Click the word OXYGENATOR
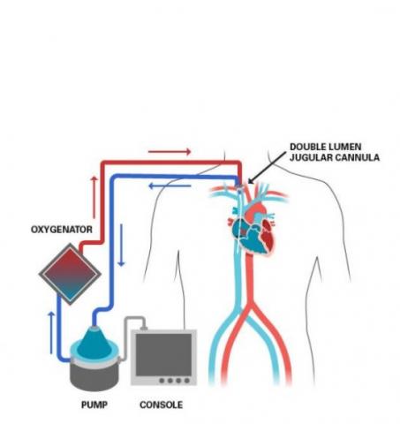pyautogui.click(x=63, y=231)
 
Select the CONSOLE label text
pyautogui.click(x=161, y=406)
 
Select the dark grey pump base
pyautogui.click(x=91, y=371)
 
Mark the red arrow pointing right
pyautogui.click(x=170, y=151)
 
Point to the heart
pyautogui.click(x=250, y=225)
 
